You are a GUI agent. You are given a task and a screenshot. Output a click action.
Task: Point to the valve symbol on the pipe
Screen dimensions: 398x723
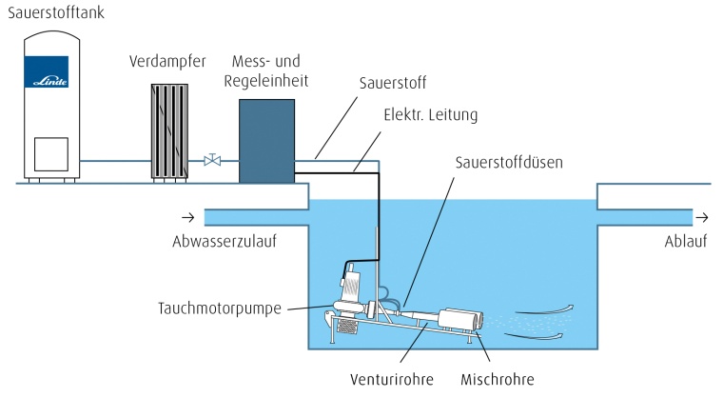(212, 161)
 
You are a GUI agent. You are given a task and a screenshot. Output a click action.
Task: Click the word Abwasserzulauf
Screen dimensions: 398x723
(224, 241)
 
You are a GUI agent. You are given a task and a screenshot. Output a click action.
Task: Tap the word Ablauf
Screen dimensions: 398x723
(685, 241)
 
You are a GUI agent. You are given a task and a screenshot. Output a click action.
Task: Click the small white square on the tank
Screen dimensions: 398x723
(50, 151)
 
